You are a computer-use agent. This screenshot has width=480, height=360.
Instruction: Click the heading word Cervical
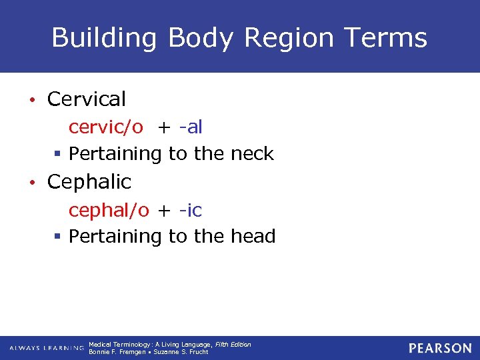(x=87, y=99)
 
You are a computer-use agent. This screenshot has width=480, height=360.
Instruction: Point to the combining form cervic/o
(x=105, y=127)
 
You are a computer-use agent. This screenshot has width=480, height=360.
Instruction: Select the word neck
(x=251, y=154)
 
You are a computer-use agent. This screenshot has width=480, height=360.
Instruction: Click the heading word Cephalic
(x=89, y=182)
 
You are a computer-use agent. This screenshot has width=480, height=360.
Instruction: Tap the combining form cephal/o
(x=109, y=210)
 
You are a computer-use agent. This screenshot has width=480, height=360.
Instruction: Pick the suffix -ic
(x=190, y=210)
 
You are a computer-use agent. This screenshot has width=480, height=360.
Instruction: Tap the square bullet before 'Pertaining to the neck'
(x=58, y=155)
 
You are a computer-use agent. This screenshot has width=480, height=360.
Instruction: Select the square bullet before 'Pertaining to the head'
(x=58, y=237)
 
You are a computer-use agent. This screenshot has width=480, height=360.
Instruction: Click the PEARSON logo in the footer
(x=440, y=348)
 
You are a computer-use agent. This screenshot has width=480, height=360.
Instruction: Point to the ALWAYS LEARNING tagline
(x=47, y=348)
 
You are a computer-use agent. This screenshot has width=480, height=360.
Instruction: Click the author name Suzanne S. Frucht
(x=181, y=351)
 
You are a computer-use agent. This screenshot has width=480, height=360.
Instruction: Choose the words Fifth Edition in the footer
(x=233, y=344)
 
